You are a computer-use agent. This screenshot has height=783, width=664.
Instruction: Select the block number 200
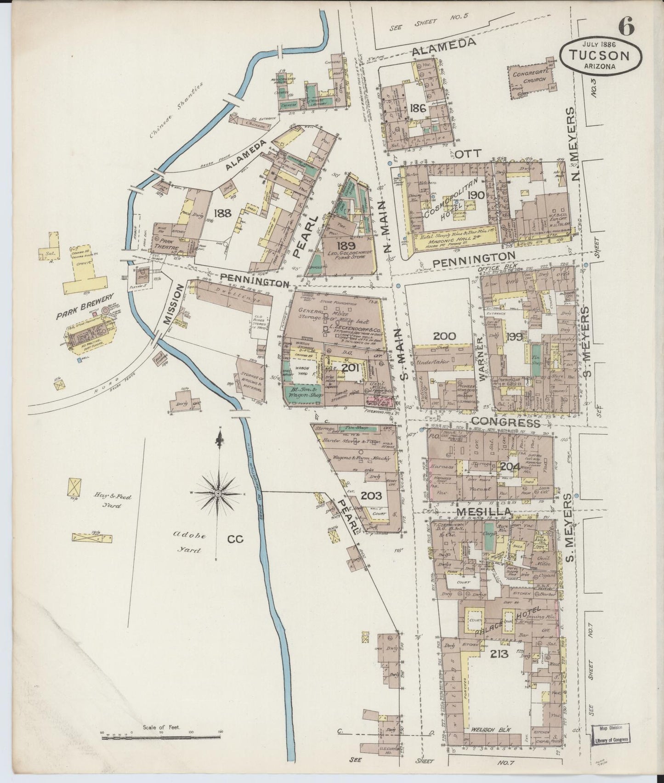444,336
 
